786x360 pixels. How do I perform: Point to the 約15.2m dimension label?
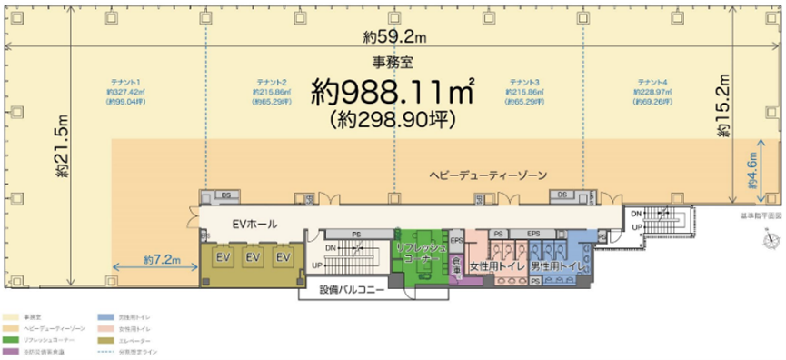tap(723, 105)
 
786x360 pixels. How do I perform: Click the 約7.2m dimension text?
tap(164, 260)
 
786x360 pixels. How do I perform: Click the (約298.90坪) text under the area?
tap(393, 118)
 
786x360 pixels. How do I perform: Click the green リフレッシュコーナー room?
tap(418, 252)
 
